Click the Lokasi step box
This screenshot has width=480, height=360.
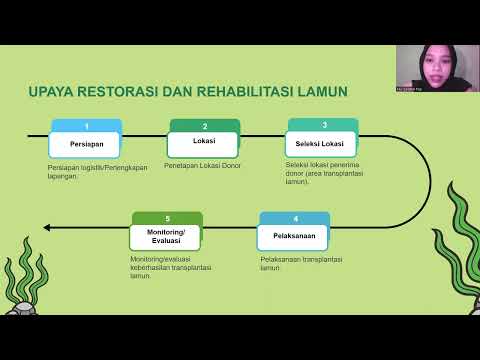[x=204, y=142]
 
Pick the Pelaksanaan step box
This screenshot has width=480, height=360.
[x=292, y=236]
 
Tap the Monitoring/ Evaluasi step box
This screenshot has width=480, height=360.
[x=167, y=236]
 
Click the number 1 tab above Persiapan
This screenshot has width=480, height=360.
[x=86, y=126]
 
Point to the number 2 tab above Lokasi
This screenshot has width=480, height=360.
[x=205, y=126]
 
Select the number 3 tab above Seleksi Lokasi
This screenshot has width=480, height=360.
[x=324, y=124]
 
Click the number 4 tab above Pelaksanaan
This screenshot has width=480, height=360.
[x=295, y=217]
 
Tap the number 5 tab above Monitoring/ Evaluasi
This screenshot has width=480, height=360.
[x=168, y=217]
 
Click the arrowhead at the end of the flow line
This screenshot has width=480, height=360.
[x=48, y=227]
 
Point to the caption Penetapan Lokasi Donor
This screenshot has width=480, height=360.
[x=208, y=165]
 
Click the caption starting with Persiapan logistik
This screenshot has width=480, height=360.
[x=97, y=171]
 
